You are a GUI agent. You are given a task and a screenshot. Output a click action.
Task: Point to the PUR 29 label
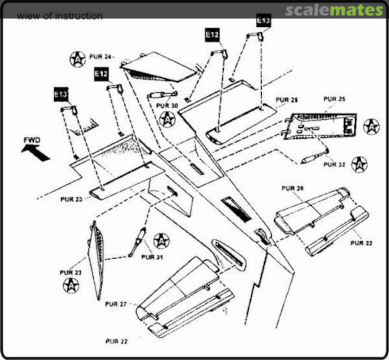[287, 100]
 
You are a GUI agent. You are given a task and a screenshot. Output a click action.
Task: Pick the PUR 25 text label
[335, 99]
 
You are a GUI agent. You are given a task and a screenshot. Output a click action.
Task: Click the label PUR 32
[334, 165]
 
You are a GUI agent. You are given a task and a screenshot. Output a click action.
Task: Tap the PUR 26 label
[293, 188]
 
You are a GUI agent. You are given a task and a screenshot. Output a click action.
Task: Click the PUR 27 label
[116, 304]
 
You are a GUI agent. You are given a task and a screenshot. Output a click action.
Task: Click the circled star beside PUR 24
[77, 59]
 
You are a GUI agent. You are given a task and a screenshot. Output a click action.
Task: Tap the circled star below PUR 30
[167, 119]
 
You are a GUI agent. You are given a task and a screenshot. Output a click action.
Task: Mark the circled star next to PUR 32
[359, 164]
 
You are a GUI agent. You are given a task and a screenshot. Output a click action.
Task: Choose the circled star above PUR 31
[161, 241]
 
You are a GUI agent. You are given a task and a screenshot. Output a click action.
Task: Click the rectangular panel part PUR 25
[320, 126]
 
